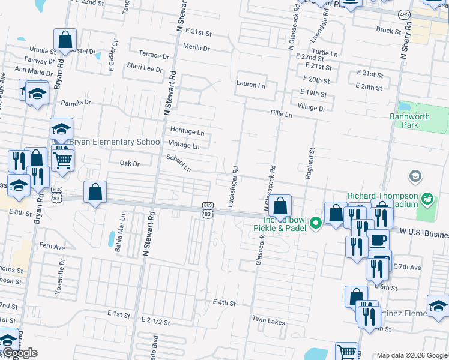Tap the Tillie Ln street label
(x=280, y=114)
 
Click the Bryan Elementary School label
(x=116, y=142)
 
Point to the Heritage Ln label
(x=187, y=131)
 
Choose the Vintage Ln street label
(x=184, y=145)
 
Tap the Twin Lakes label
(x=268, y=321)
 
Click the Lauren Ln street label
(x=250, y=85)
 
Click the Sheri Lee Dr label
(x=144, y=68)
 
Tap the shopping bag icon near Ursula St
(x=65, y=41)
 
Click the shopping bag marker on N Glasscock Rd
(x=280, y=206)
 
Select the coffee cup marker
(x=378, y=240)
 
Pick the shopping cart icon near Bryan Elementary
(x=62, y=160)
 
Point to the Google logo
(x=19, y=353)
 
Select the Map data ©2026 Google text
(x=412, y=355)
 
